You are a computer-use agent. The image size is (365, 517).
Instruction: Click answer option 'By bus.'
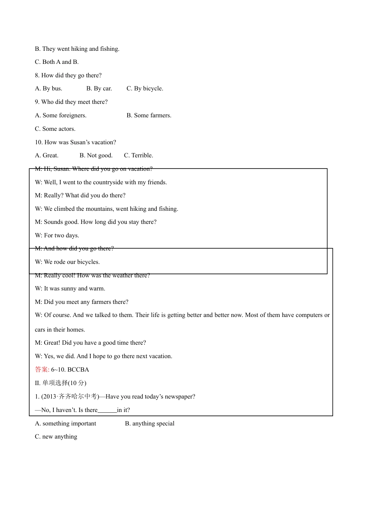pos(49,88)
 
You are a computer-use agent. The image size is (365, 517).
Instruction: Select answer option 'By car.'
pos(99,88)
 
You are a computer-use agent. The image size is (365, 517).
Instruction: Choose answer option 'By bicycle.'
pos(145,88)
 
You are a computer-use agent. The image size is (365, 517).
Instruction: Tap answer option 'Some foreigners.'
pos(61,115)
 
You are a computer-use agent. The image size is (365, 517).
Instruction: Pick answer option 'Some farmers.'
pos(149,115)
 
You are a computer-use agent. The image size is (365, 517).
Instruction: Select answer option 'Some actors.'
pos(55,129)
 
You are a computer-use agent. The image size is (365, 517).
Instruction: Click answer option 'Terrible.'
pos(138,155)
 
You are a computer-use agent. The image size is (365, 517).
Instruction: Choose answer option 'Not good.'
pos(96,155)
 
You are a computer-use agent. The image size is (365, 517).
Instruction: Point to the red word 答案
pos(42,370)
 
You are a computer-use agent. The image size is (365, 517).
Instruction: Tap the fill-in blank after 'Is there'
pos(107,410)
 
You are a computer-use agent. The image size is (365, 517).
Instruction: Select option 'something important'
pos(66,424)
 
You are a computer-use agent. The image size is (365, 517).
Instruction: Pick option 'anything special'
pos(149,424)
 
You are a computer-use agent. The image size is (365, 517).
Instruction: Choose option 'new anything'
pos(56,437)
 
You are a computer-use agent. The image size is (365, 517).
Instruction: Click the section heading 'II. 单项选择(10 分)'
pos(61,383)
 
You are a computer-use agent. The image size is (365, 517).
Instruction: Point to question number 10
pos(39,142)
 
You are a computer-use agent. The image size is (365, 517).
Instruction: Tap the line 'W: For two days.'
pos(57,235)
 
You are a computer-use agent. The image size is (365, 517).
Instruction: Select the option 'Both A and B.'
pos(57,62)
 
